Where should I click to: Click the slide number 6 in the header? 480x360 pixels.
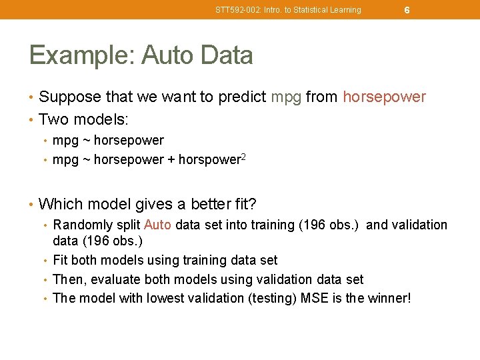[x=407, y=10]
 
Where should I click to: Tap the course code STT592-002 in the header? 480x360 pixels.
[x=237, y=10]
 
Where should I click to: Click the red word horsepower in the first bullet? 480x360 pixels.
[x=384, y=97]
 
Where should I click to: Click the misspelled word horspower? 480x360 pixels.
[x=209, y=160]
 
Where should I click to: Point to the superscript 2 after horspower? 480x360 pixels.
[x=244, y=157]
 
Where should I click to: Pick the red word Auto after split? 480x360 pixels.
[x=157, y=225]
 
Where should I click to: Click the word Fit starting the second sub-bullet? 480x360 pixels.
[x=60, y=260]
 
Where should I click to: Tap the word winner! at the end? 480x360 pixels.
[x=389, y=297]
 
